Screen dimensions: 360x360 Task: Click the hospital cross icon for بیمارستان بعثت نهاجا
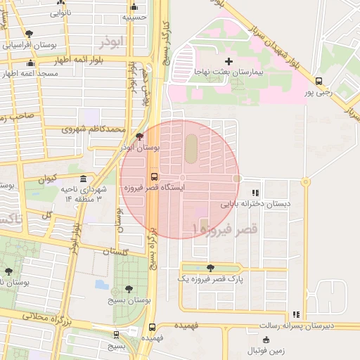tap(229, 62)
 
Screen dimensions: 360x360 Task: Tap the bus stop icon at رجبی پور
tap(319, 81)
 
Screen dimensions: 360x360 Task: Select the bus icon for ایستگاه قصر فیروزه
tap(154, 176)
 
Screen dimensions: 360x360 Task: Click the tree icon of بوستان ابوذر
tap(139, 136)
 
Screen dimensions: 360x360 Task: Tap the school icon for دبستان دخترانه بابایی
tap(255, 192)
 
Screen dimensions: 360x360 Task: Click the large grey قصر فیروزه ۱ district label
tap(225, 229)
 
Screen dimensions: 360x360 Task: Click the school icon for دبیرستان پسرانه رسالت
tap(296, 314)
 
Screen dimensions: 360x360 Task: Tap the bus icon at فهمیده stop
tap(153, 327)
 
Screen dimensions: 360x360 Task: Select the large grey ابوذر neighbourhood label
tap(111, 42)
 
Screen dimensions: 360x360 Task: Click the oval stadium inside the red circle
tap(191, 146)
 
